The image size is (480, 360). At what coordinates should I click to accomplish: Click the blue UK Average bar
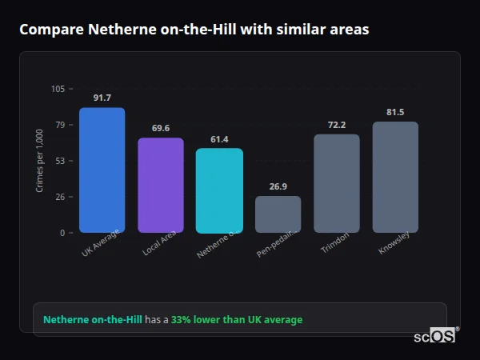[x=102, y=170]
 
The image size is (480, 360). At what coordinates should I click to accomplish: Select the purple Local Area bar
[x=161, y=186]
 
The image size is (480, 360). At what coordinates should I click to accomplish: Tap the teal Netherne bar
[x=219, y=190]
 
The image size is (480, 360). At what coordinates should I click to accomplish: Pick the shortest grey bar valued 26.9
[x=278, y=214]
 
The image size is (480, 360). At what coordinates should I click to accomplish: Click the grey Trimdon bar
[x=337, y=183]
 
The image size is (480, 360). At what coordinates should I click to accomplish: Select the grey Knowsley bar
[x=395, y=177]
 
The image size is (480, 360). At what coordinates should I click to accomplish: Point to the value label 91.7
[x=102, y=98]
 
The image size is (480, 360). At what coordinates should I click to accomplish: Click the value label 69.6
[x=161, y=128]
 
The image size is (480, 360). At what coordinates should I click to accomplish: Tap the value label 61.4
[x=219, y=139]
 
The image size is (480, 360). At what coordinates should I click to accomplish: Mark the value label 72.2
[x=337, y=125]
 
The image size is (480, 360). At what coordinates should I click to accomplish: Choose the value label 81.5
[x=395, y=112]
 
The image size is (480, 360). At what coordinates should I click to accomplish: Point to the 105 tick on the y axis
[x=58, y=89]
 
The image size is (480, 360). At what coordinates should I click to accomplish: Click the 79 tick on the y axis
[x=60, y=125]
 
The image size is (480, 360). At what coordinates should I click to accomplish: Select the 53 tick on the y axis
[x=60, y=161]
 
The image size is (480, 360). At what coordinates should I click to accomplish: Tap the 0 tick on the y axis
[x=62, y=233]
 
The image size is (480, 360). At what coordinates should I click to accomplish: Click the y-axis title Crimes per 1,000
[x=40, y=161]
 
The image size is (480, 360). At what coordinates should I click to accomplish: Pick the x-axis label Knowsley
[x=394, y=244]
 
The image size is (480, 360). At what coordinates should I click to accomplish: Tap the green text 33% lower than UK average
[x=237, y=320]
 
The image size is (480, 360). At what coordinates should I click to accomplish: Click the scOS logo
[x=434, y=336]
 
